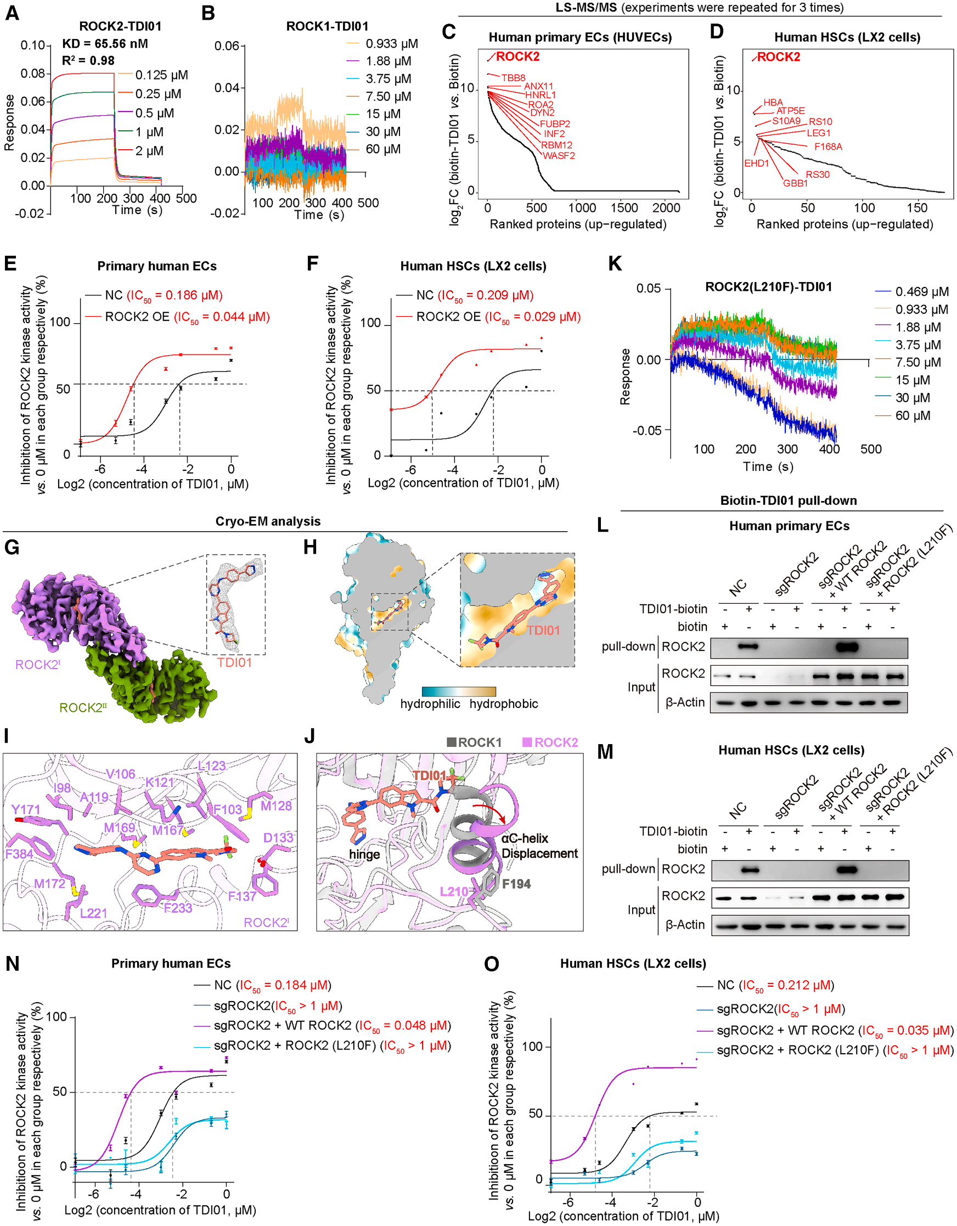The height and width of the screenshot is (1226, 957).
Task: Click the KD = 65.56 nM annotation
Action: point(105,44)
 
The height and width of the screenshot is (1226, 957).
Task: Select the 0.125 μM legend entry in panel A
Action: point(161,75)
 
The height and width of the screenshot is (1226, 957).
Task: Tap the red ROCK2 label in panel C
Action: point(517,57)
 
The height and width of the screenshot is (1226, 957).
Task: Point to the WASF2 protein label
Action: point(559,155)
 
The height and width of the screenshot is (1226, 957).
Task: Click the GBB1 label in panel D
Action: point(795,183)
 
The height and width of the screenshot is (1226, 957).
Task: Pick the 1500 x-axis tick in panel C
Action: point(624,207)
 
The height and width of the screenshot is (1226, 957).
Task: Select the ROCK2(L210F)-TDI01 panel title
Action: point(768,287)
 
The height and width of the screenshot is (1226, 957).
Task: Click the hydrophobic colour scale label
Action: point(504,704)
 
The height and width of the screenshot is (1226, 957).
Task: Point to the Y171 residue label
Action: point(26,809)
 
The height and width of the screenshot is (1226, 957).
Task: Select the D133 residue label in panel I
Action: point(278,838)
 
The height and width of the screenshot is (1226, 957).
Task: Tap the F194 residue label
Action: point(516,884)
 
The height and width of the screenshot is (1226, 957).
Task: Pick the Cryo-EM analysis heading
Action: point(268,521)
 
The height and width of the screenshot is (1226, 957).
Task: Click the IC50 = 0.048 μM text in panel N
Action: point(403,1026)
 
